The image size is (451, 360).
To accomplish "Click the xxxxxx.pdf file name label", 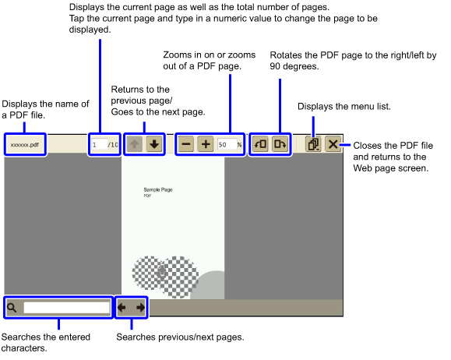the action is point(25,145).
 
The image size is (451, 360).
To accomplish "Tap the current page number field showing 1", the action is point(99,144).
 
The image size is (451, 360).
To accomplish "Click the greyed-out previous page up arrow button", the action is point(134,144).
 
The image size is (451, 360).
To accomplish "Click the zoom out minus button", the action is point(186,144).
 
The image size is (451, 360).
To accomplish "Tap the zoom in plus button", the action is point(206,144).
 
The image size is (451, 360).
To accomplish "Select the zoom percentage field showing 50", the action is point(227,144).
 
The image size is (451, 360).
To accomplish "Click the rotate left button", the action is point(261,144).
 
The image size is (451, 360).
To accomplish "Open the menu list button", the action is point(313,144).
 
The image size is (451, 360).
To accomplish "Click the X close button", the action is point(333,144).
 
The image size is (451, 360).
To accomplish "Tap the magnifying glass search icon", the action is point(12,308).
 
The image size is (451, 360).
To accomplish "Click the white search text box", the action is point(67,308).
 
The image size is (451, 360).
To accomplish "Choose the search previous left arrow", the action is point(122,308).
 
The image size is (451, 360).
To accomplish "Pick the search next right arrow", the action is point(141,308).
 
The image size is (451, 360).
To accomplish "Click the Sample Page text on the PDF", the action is point(158,189).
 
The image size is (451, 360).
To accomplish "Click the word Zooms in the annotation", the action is point(177,55).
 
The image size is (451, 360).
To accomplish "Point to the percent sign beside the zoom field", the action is point(239,145).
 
